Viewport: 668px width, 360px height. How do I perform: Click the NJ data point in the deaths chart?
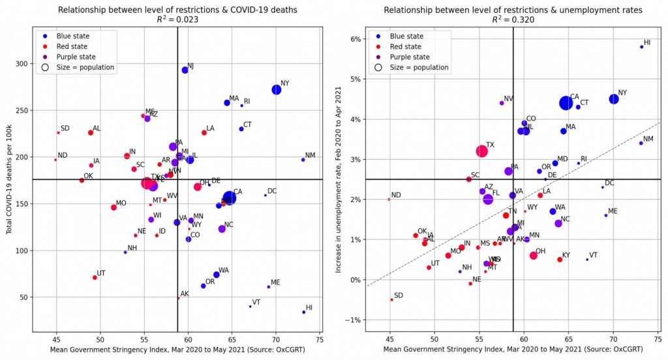click(x=185, y=70)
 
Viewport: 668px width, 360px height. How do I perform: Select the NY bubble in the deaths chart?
click(x=276, y=89)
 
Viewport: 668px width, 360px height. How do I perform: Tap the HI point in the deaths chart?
click(x=304, y=312)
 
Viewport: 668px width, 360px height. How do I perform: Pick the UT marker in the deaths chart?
click(x=95, y=277)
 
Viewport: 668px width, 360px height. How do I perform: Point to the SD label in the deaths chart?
click(x=65, y=128)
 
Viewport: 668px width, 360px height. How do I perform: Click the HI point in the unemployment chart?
click(x=641, y=46)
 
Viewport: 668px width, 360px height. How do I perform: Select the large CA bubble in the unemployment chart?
click(x=566, y=102)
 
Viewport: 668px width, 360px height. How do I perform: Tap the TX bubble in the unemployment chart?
click(x=482, y=151)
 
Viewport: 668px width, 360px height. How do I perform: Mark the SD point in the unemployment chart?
click(x=391, y=299)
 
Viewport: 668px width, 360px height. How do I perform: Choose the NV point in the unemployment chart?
click(x=502, y=103)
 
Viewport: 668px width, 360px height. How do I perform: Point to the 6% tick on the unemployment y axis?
click(x=356, y=39)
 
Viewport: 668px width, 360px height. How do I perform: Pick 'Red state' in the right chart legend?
click(x=408, y=47)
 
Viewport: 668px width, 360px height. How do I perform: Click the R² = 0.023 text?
click(x=177, y=20)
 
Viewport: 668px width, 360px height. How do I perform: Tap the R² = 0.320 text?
click(x=513, y=20)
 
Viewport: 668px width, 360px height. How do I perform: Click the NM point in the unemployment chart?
click(x=641, y=143)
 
